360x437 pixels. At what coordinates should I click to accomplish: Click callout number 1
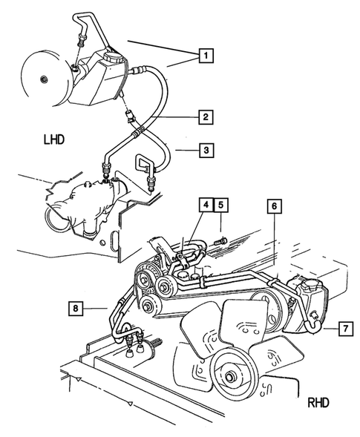coord(206,54)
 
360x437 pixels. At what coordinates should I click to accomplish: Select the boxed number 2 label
coord(206,116)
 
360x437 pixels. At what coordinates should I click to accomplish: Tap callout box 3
coord(206,151)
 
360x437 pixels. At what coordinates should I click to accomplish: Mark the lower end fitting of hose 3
coord(152,181)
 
